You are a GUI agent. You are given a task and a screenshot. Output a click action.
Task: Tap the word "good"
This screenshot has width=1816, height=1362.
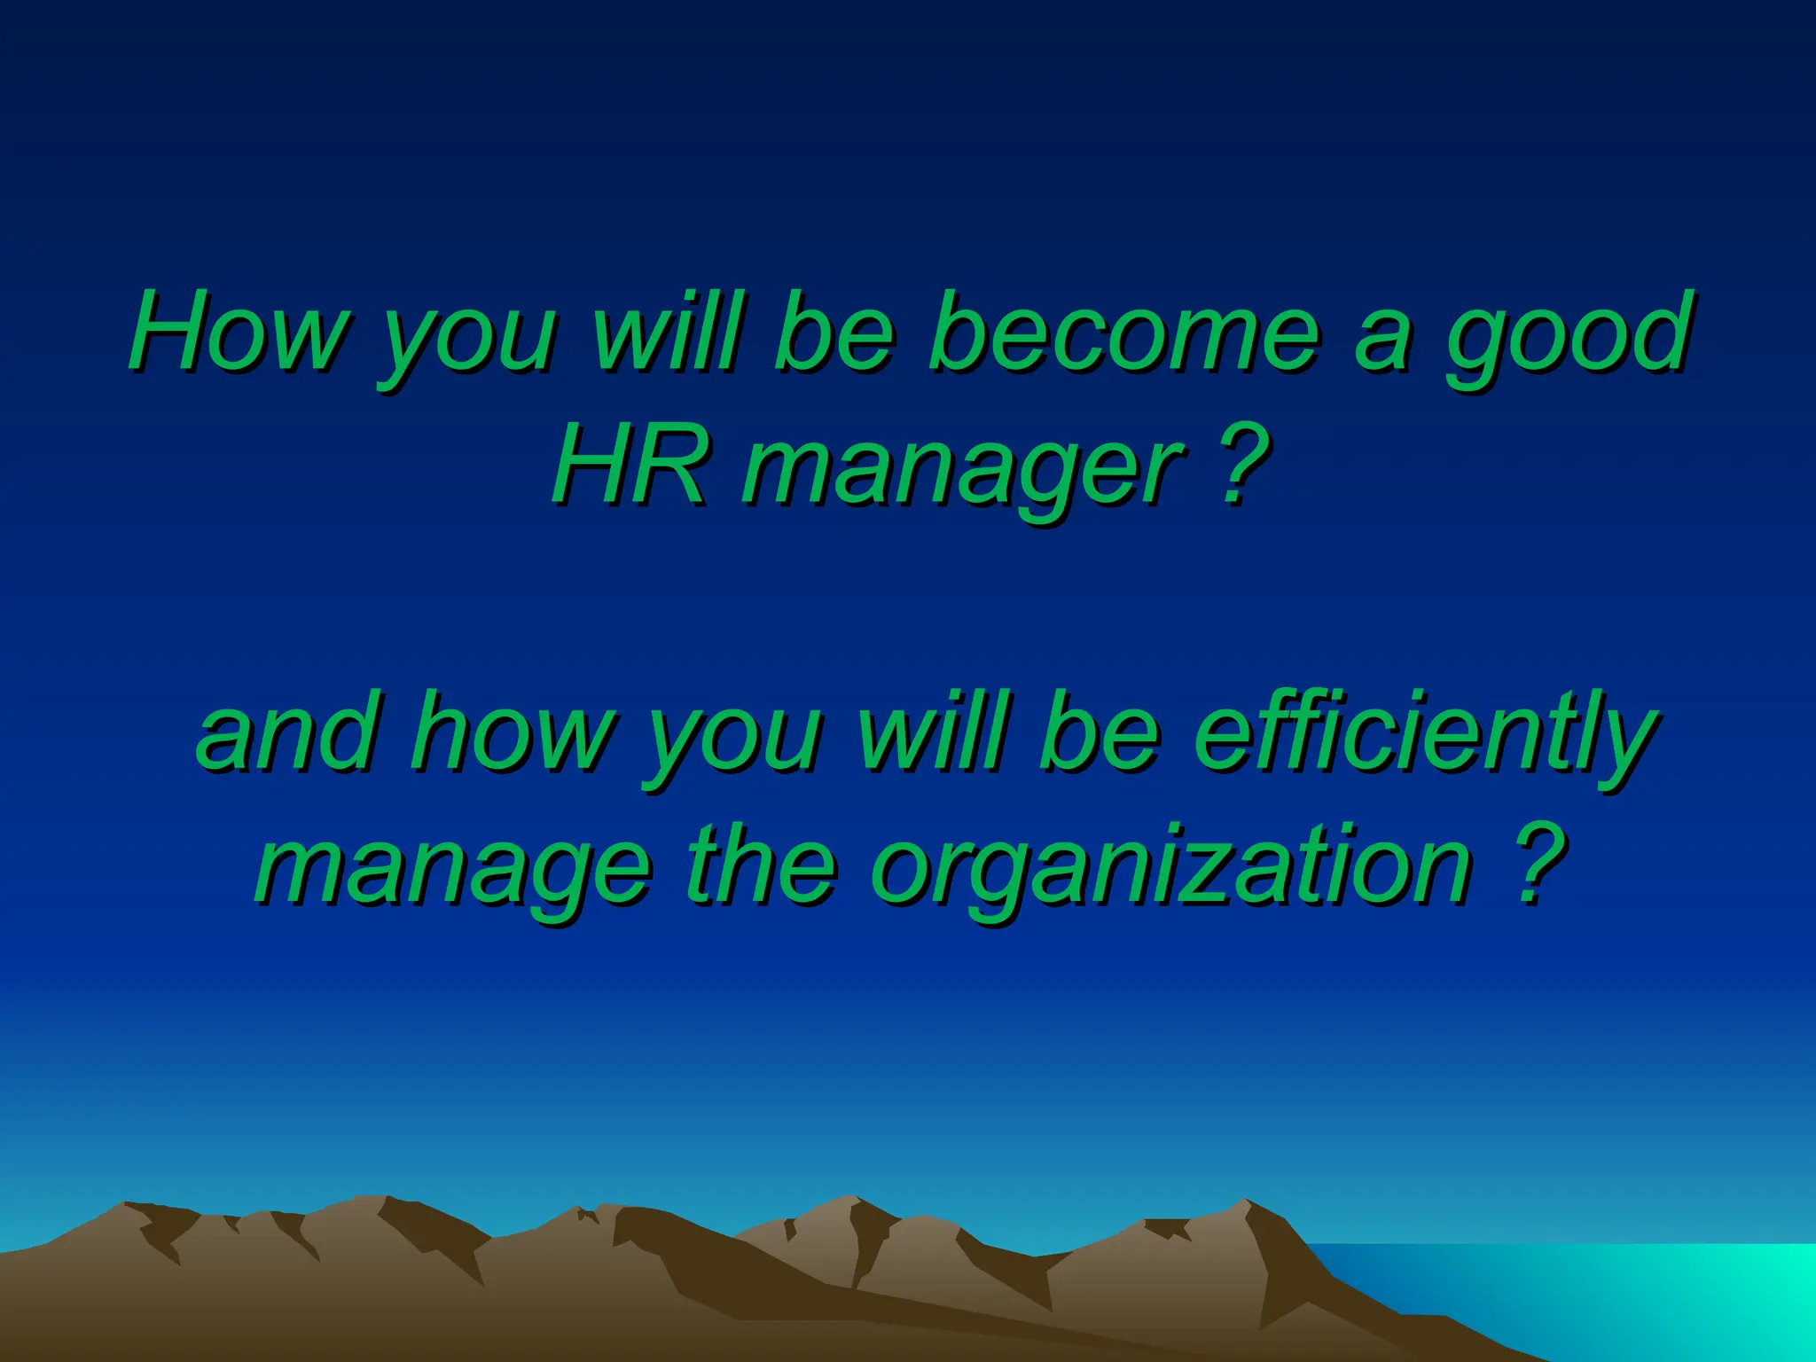pyautogui.click(x=1569, y=337)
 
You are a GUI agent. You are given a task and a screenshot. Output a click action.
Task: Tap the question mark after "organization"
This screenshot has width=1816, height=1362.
pyautogui.click(x=1535, y=864)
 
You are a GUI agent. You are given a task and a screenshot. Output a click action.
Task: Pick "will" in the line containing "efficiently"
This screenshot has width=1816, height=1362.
pyautogui.click(x=931, y=732)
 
